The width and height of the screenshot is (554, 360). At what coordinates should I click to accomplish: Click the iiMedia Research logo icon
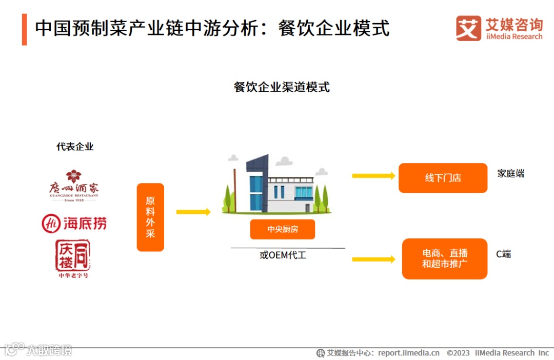click(x=468, y=28)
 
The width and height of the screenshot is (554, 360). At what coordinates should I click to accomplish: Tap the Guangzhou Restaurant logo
click(x=74, y=186)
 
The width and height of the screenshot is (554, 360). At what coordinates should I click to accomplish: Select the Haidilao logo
click(x=74, y=223)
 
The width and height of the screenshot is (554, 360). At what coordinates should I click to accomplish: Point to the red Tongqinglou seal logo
click(x=73, y=256)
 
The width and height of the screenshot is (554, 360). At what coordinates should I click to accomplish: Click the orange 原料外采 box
click(x=150, y=217)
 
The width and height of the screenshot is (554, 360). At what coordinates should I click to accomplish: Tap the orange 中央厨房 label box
click(x=282, y=229)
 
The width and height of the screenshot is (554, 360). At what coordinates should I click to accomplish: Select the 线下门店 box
click(x=443, y=178)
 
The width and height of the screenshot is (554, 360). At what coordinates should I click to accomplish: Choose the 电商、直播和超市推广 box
click(x=444, y=258)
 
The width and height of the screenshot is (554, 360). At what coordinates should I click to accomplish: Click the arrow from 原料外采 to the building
click(x=193, y=212)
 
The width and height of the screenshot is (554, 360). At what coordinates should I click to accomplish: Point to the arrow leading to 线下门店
click(x=373, y=176)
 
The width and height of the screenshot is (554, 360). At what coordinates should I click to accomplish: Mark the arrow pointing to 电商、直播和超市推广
click(x=373, y=259)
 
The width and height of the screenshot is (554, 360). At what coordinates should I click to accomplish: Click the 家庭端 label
click(x=510, y=173)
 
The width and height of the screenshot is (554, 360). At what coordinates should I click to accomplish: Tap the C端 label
click(x=503, y=254)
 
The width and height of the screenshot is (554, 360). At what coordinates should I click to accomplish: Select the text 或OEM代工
click(x=283, y=255)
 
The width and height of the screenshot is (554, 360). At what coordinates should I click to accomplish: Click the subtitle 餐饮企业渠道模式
click(x=282, y=87)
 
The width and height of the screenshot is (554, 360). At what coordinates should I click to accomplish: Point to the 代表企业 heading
click(x=75, y=147)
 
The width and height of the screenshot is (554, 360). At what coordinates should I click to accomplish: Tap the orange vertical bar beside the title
click(x=24, y=29)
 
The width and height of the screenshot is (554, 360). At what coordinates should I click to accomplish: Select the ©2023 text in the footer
click(x=458, y=353)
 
